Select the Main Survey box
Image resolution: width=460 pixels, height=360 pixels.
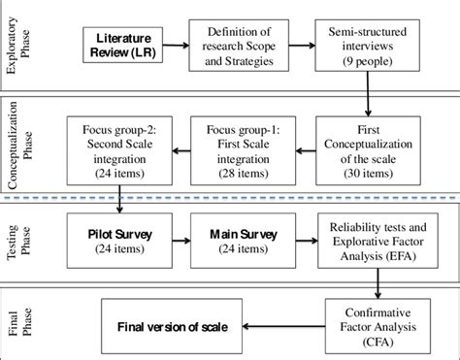[244, 242]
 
